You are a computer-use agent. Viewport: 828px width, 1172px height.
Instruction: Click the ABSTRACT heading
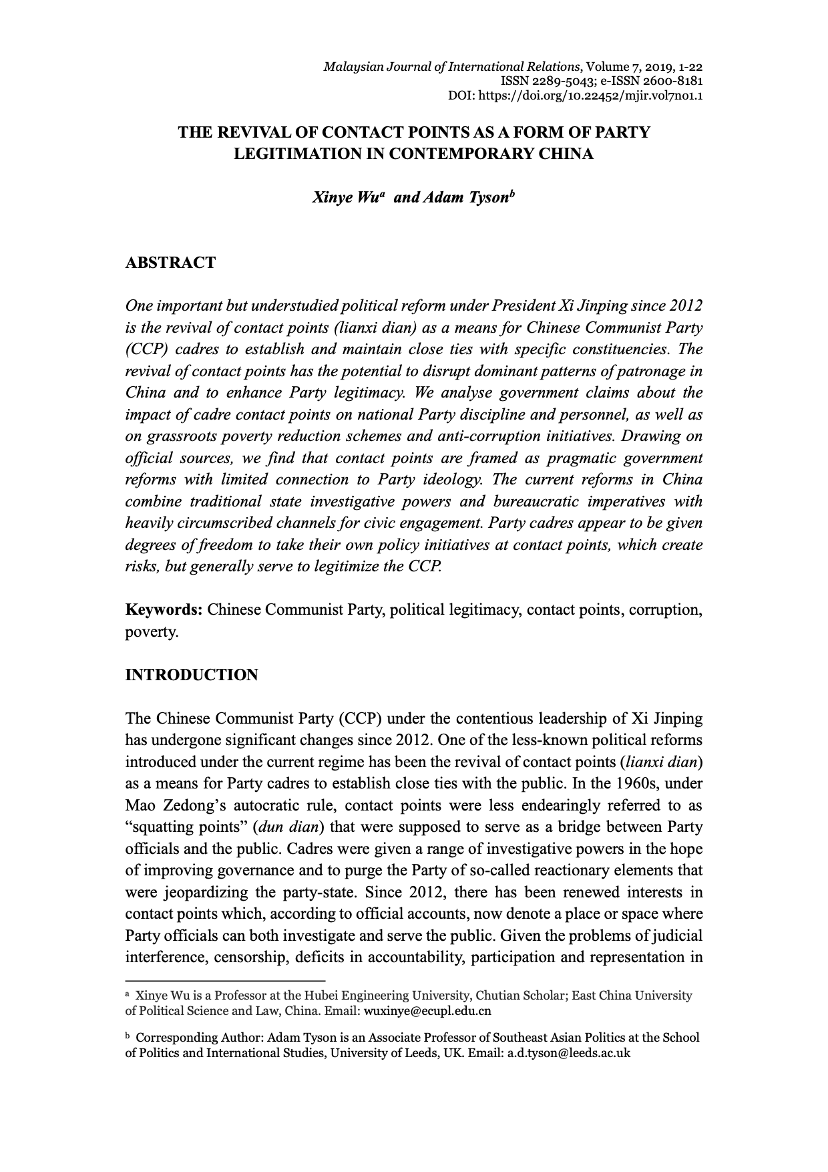pos(170,263)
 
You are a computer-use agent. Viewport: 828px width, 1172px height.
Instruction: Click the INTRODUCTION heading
pos(192,675)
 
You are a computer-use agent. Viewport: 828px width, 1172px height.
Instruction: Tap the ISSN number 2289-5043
pos(564,81)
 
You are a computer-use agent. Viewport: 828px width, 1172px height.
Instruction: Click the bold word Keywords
pos(164,610)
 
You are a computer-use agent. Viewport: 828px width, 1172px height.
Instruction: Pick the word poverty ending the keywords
pos(151,632)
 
